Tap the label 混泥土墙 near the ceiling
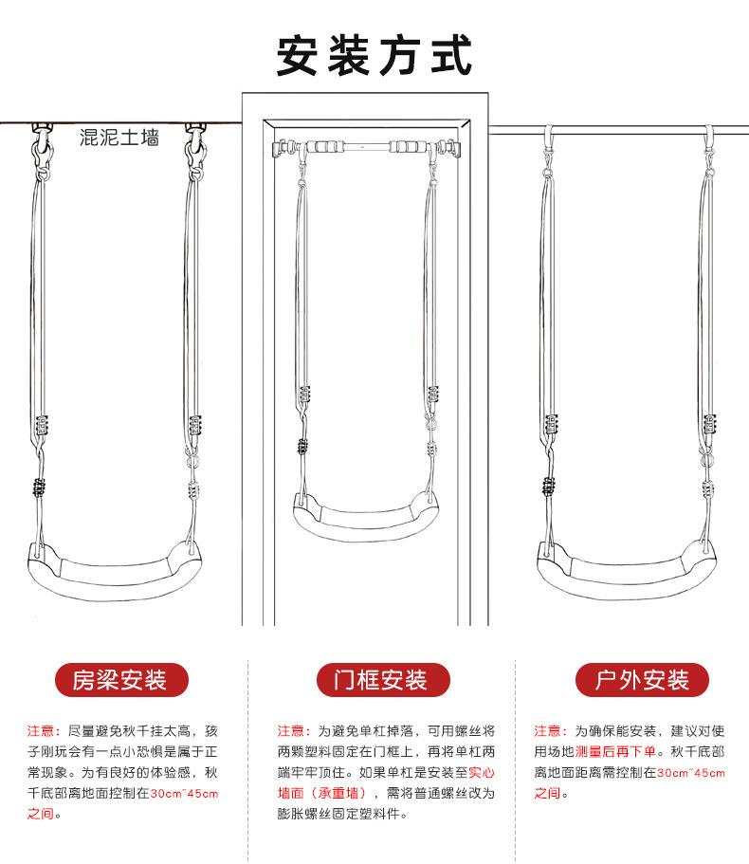tap(119, 138)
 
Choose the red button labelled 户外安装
tap(642, 679)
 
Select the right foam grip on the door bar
tap(409, 148)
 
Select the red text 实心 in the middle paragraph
tap(483, 772)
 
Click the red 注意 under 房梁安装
tap(42, 730)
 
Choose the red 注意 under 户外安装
tap(549, 730)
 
